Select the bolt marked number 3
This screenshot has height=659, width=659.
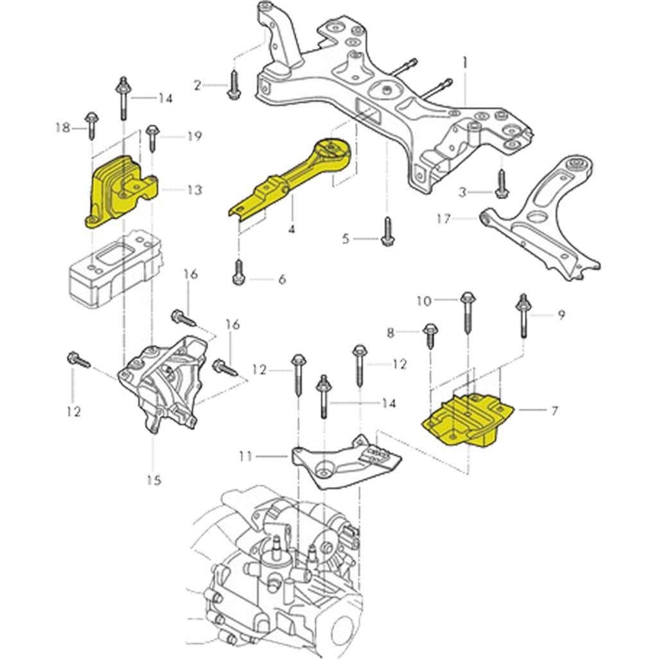pyautogui.click(x=501, y=184)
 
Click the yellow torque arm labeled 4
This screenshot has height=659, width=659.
pyautogui.click(x=289, y=180)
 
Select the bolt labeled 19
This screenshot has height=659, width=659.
pyautogui.click(x=152, y=137)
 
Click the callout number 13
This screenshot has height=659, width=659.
pyautogui.click(x=194, y=190)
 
